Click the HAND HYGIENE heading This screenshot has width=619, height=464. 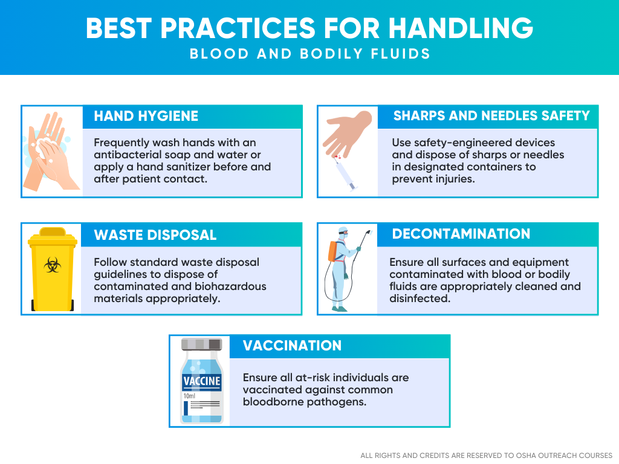146,116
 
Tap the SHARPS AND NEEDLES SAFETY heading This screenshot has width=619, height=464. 491,115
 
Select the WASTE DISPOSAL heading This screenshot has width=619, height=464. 155,235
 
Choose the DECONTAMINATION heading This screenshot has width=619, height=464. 461,234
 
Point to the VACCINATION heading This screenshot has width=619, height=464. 292,346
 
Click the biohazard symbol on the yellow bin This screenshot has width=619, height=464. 52,265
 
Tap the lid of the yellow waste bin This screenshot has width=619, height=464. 53,236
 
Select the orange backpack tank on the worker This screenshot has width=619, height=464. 333,251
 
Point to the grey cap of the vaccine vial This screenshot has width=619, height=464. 201,344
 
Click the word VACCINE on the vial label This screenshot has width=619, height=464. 202,381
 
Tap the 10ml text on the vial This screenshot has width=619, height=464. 189,396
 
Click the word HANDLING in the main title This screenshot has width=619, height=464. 461,28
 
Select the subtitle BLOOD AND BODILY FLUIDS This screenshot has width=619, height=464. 310,54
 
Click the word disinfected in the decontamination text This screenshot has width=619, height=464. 420,298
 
